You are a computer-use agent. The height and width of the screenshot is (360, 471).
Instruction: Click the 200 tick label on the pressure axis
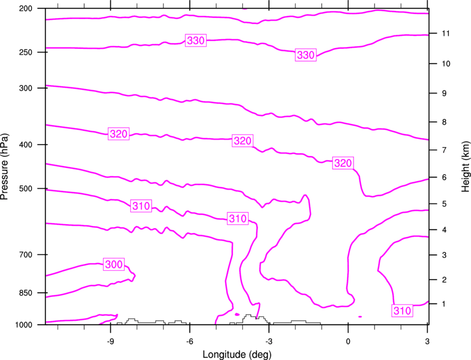pyautogui.click(x=25, y=8)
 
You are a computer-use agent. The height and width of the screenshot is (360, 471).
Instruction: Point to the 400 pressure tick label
pyautogui.click(x=25, y=145)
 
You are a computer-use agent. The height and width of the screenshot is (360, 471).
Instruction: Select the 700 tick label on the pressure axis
pyautogui.click(x=25, y=255)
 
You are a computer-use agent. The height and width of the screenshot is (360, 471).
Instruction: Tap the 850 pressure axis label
pyautogui.click(x=25, y=293)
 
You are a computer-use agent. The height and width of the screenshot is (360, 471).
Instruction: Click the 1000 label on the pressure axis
pyautogui.click(x=23, y=325)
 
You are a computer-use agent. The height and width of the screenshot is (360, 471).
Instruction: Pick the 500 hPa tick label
pyautogui.click(x=25, y=188)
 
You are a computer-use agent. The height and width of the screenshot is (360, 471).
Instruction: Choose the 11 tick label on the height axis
pyautogui.click(x=446, y=33)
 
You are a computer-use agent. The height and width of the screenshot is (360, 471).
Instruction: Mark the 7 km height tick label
pyautogui.click(x=444, y=150)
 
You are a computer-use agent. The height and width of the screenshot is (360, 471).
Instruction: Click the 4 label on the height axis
pyautogui.click(x=444, y=230)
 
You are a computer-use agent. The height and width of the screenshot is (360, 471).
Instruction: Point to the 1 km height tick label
pyautogui.click(x=444, y=304)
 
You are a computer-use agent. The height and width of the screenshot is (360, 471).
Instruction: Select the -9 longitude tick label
pyautogui.click(x=110, y=341)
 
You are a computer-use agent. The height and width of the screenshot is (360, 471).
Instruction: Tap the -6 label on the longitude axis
pyautogui.click(x=190, y=341)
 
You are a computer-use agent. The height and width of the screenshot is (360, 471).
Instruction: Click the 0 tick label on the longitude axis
pyautogui.click(x=348, y=341)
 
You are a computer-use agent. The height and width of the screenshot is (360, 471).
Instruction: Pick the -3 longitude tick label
pyautogui.click(x=269, y=341)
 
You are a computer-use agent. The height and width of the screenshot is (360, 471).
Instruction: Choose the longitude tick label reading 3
pyautogui.click(x=427, y=341)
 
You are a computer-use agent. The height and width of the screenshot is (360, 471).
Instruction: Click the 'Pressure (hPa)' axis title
pyautogui.click(x=4, y=167)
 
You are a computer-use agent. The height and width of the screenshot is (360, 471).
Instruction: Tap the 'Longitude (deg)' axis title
pyautogui.click(x=237, y=354)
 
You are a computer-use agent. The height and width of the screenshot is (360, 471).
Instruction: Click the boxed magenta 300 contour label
pyautogui.click(x=114, y=264)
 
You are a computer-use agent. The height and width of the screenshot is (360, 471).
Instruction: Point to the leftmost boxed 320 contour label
pyautogui.click(x=119, y=133)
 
